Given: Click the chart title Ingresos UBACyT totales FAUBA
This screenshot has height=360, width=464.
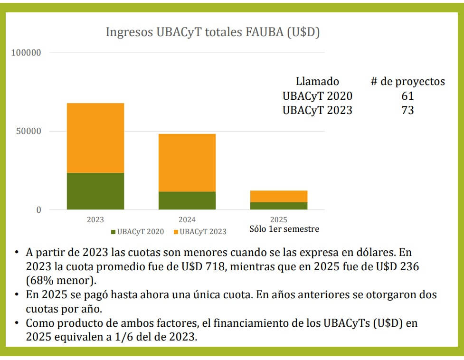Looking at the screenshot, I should [212, 33].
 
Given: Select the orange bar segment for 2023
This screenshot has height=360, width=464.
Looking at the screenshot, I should [95, 138].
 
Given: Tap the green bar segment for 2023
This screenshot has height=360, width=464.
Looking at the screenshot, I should [95, 191].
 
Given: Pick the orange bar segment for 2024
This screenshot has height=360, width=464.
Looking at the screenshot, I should [187, 162].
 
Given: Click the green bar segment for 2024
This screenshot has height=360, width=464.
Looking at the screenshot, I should [187, 200].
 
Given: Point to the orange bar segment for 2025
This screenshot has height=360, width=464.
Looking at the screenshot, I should [278, 196].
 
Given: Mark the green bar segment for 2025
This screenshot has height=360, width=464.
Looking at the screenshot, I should [278, 206].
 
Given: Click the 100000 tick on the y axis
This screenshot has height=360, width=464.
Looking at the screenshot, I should [27, 53].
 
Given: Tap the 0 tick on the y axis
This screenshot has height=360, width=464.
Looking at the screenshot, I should [39, 210].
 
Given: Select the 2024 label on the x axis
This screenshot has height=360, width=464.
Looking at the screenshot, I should [187, 220].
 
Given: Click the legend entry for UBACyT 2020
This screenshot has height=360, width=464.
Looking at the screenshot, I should [137, 232].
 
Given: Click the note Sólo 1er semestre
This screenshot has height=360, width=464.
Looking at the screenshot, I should [284, 229].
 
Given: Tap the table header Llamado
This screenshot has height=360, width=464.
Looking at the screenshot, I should [317, 81].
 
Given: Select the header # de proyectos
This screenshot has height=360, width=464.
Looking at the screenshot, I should [407, 81].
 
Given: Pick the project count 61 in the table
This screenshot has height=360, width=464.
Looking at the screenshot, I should [407, 96].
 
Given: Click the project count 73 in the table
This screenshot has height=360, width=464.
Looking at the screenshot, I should [407, 110].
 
